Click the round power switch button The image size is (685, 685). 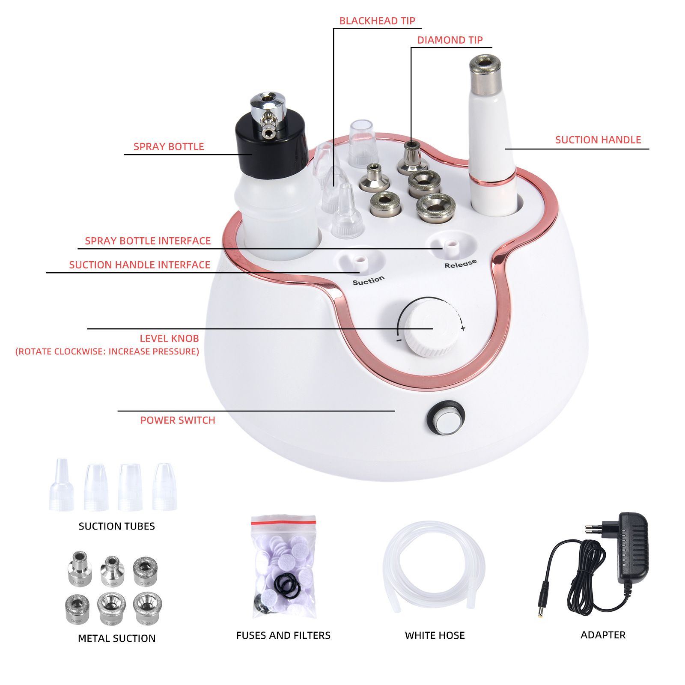[445, 418]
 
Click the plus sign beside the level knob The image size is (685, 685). [463, 328]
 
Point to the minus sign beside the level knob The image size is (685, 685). [399, 341]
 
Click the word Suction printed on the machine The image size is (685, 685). [369, 280]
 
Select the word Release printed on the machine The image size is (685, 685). [460, 264]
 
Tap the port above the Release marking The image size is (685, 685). [450, 247]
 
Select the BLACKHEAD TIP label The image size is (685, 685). [377, 21]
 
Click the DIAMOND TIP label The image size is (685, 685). [450, 40]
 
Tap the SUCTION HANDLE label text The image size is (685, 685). [598, 140]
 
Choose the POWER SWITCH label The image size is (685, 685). [178, 420]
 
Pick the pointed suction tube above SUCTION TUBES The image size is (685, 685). [62, 485]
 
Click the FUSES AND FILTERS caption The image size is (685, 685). [283, 635]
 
